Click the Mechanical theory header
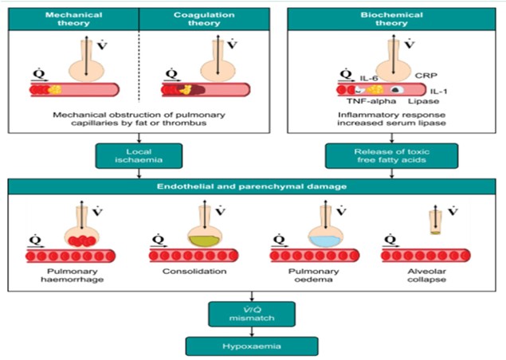pos(73,19)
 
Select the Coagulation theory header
pos(204,19)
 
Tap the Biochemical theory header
pos(391,19)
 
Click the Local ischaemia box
pos(139,156)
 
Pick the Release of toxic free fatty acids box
pos(391,156)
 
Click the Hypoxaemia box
pos(252,346)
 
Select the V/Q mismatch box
pos(252,314)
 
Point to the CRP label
pos(426,76)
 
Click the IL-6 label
pos(369,78)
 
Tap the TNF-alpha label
pos(371,101)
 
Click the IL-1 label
pos(438,92)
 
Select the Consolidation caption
pos(194,272)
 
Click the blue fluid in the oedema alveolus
pos(325,241)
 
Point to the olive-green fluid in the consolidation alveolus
pos(204,241)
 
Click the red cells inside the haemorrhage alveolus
pos(82,241)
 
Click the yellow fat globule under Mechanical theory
pos(55,89)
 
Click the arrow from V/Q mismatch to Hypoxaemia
pos(252,332)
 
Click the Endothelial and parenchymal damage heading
pos(252,186)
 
